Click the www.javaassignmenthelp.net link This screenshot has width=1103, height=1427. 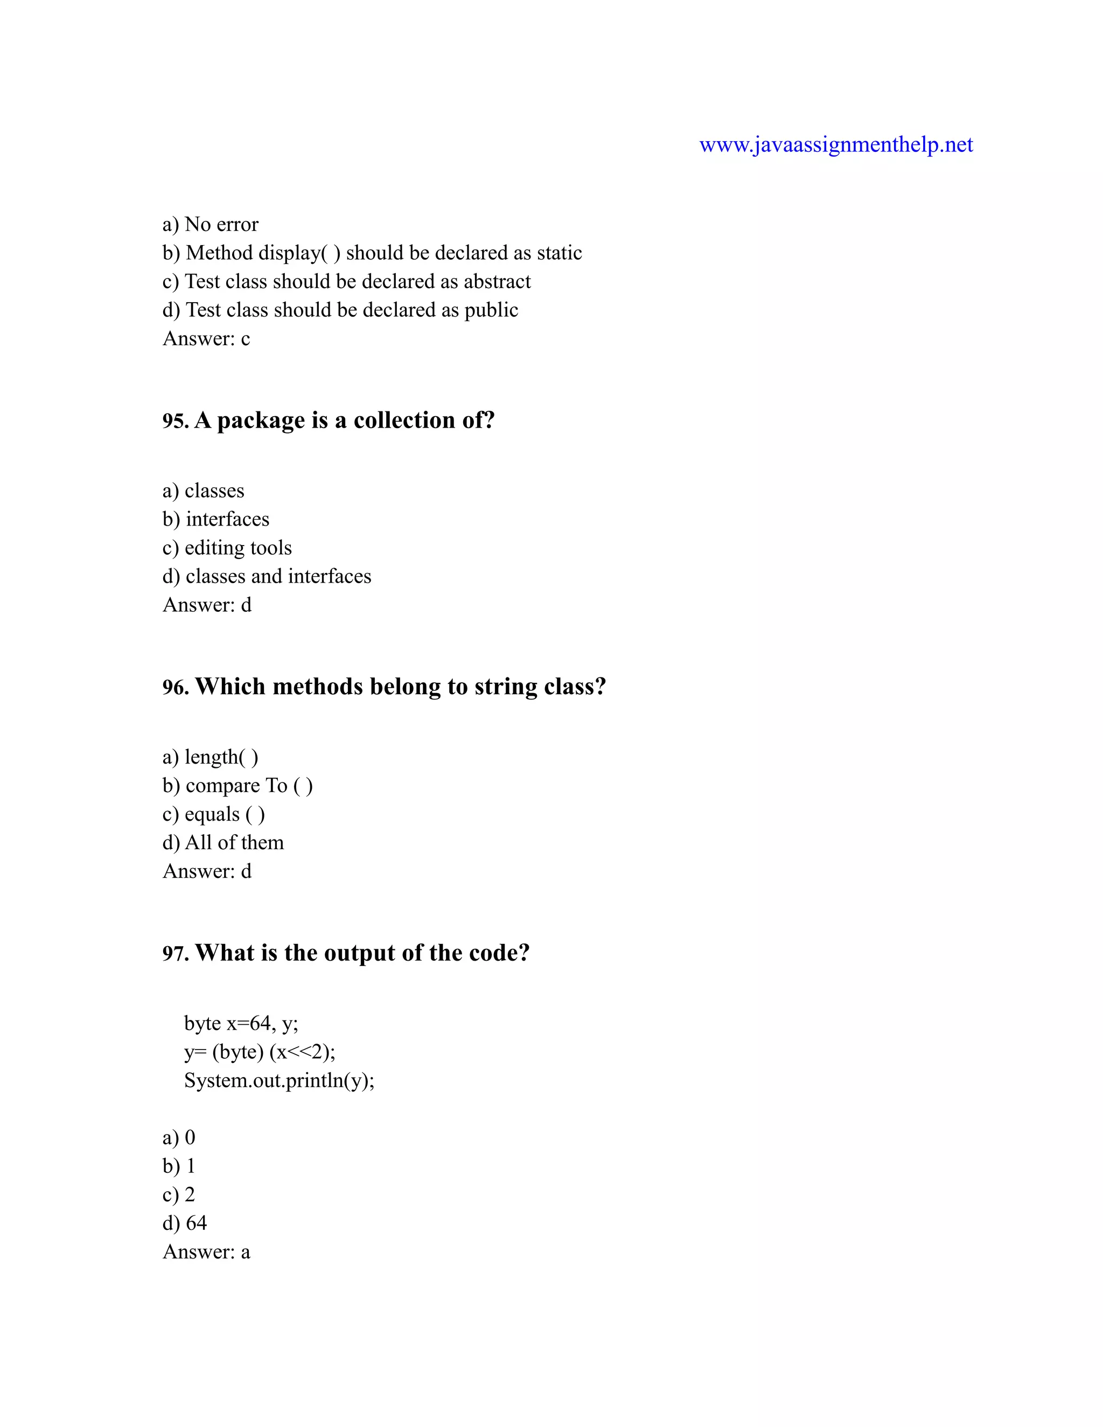click(x=836, y=144)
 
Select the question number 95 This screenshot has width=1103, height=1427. click(x=175, y=421)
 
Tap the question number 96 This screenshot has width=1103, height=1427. click(x=175, y=687)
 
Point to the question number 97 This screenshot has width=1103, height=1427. click(x=175, y=954)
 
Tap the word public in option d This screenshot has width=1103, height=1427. click(x=491, y=310)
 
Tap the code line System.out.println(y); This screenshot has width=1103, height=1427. click(x=279, y=1081)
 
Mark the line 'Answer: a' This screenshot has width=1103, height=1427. click(x=206, y=1252)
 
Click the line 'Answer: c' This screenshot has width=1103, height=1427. click(x=206, y=339)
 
